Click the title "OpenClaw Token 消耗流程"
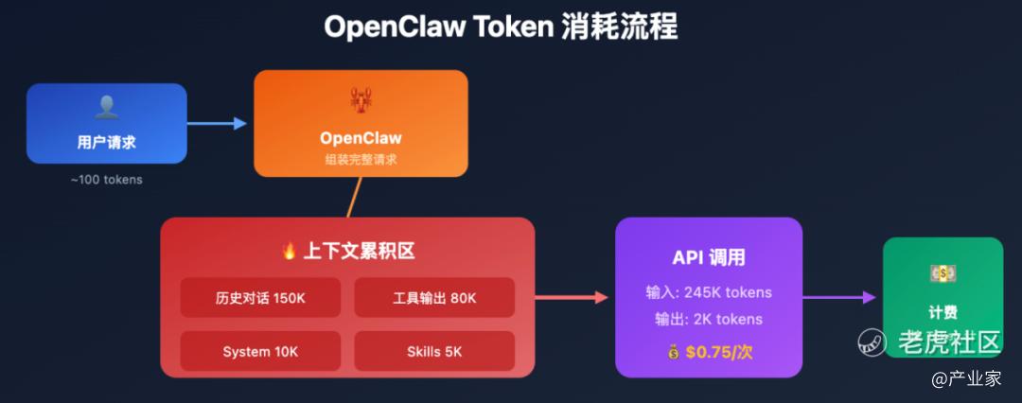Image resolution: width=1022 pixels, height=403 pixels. (x=501, y=26)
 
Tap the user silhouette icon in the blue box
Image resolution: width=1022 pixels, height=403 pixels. (x=106, y=107)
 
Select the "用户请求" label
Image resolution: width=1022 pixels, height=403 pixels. (x=106, y=143)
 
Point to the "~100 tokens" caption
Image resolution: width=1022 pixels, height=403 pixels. (x=106, y=179)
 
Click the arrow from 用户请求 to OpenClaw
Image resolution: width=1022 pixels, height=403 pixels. (x=217, y=123)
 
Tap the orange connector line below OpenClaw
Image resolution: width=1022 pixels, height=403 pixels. (x=354, y=198)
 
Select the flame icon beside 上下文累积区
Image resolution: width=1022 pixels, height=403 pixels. (x=290, y=251)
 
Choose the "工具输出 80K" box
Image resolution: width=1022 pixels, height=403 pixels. (x=434, y=298)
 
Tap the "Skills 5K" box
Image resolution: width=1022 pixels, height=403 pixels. (x=434, y=351)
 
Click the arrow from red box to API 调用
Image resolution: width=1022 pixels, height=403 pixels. (x=572, y=297)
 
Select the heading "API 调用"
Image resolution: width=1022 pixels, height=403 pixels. (x=709, y=257)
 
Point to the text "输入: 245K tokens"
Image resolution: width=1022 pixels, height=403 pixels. (x=709, y=292)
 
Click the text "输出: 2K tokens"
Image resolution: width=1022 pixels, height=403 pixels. (x=709, y=320)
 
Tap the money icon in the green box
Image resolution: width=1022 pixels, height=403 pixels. (x=943, y=273)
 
